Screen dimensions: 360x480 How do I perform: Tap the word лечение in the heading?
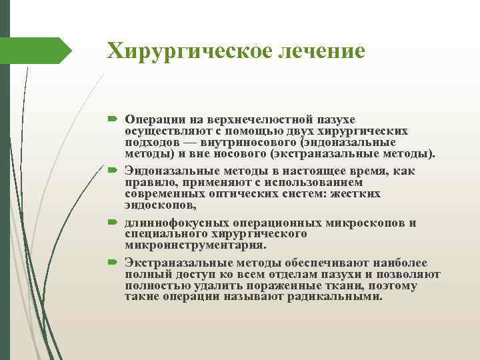323,51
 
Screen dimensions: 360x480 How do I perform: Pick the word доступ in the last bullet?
191,275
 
